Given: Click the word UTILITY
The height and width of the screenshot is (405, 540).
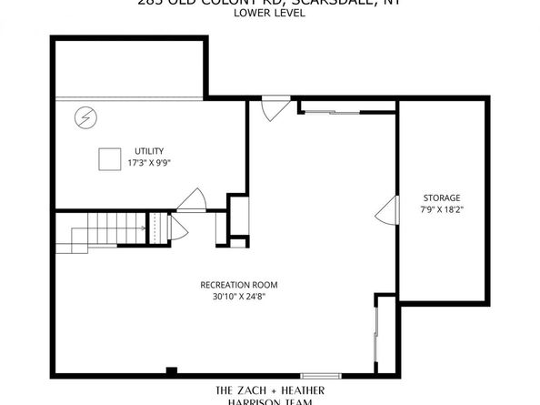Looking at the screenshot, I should (x=149, y=151).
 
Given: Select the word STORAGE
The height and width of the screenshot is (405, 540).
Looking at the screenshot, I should (x=442, y=197).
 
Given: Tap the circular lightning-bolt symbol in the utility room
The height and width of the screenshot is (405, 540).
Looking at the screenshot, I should (x=85, y=116).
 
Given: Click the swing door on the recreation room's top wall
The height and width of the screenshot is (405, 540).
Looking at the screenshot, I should (x=271, y=111).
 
